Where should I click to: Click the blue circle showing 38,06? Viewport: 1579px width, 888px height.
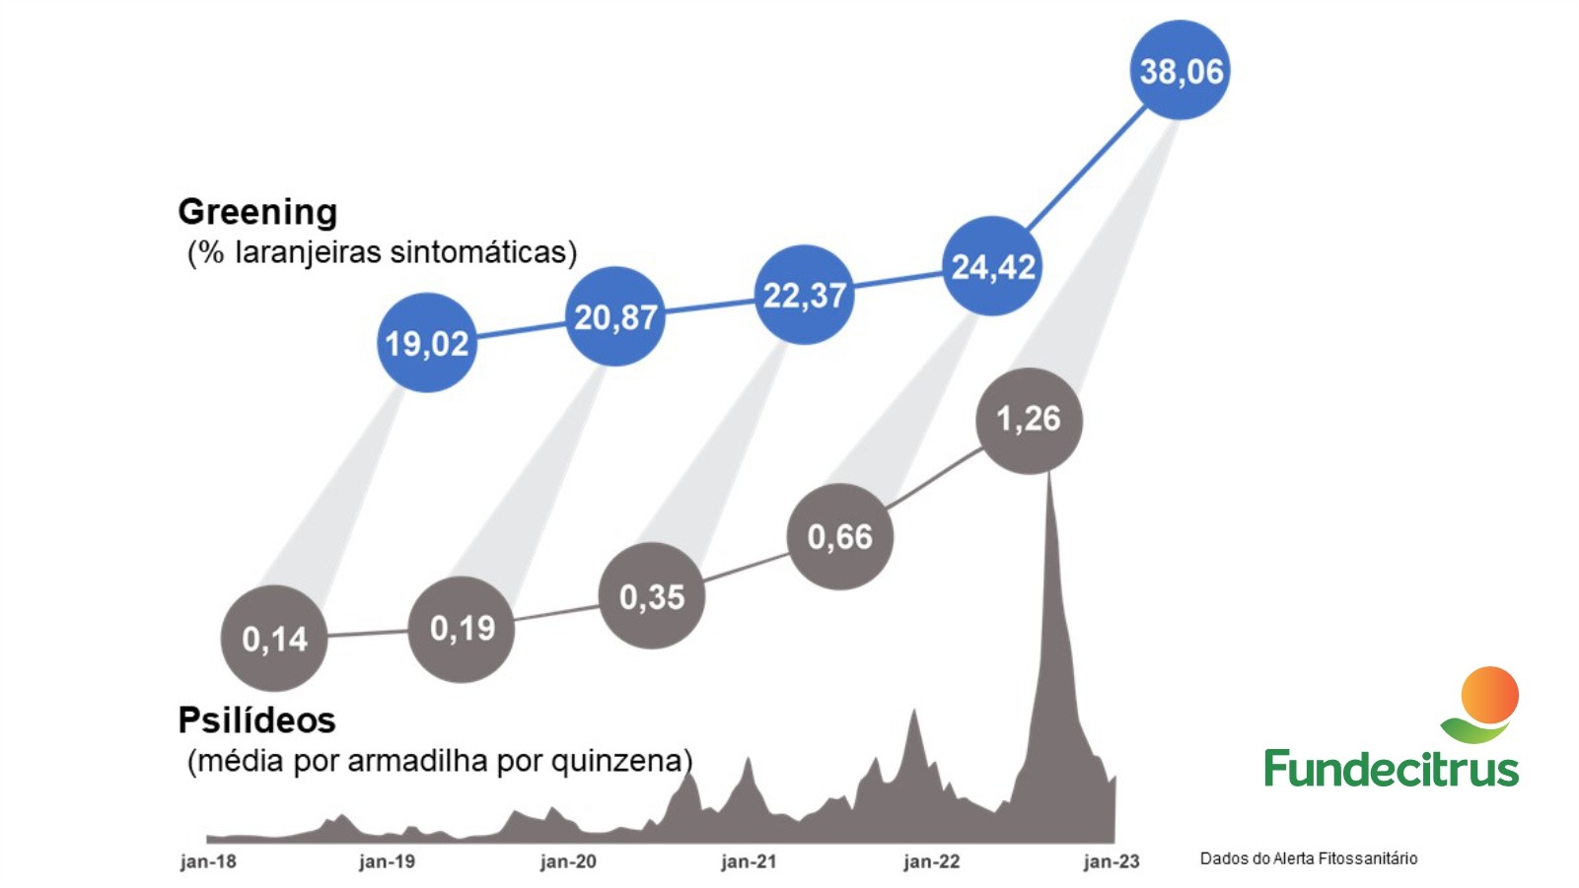(x=1180, y=70)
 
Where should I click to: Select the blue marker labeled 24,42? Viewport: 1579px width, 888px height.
(x=992, y=266)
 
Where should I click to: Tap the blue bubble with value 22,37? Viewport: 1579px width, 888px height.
(x=804, y=295)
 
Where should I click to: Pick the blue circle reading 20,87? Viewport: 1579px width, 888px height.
(x=614, y=316)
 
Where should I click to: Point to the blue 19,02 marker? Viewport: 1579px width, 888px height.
(x=427, y=343)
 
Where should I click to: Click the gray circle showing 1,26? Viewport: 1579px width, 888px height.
(x=1029, y=421)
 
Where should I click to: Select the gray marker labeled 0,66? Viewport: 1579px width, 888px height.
(x=840, y=537)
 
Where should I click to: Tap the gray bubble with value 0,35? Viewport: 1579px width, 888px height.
(x=652, y=596)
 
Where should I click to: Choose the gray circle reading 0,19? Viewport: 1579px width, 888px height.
(x=462, y=629)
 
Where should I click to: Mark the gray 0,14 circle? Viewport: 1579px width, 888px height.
(x=274, y=639)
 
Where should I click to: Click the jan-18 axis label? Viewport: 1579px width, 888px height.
(x=208, y=861)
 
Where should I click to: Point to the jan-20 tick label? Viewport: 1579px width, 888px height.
(x=568, y=861)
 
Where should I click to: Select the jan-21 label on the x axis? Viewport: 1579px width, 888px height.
(x=749, y=861)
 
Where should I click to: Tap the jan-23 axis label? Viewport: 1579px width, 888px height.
(x=1112, y=861)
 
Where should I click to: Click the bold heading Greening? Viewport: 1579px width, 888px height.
(x=257, y=212)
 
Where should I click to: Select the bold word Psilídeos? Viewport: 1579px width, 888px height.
(x=256, y=720)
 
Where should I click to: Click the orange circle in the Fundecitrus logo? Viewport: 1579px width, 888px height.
(x=1489, y=695)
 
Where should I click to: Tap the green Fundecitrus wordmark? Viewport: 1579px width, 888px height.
(x=1391, y=768)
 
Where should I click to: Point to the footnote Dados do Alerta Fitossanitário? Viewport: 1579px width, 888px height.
(x=1308, y=858)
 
